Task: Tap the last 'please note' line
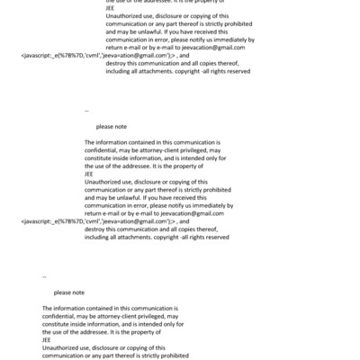point(68,292)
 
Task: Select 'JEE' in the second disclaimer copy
point(89,173)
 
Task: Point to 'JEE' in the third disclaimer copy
point(47,339)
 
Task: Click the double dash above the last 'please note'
point(44,276)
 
